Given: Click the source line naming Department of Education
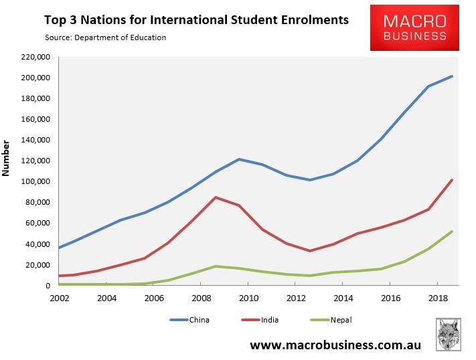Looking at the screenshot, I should [106, 37].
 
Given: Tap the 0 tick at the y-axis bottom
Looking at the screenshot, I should [49, 286].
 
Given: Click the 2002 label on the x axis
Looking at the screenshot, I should [59, 297].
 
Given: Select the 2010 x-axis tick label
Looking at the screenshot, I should [248, 297].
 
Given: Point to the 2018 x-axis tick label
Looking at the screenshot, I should [438, 297].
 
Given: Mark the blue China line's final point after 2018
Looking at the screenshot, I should [453, 76].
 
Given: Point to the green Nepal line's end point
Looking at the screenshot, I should [453, 232].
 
